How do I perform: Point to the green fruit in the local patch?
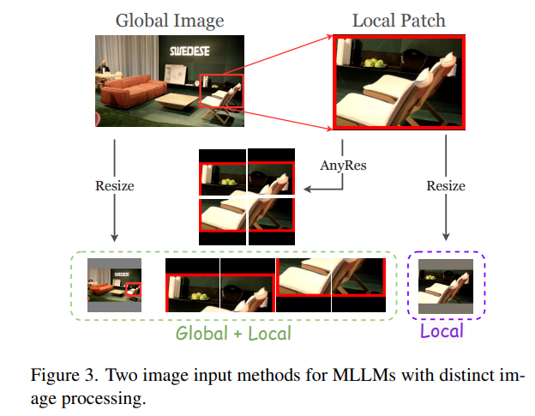[374, 63]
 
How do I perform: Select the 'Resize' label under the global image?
[114, 185]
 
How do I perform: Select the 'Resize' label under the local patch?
[446, 185]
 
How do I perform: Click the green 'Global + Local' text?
[233, 333]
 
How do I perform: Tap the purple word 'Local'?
[442, 331]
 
